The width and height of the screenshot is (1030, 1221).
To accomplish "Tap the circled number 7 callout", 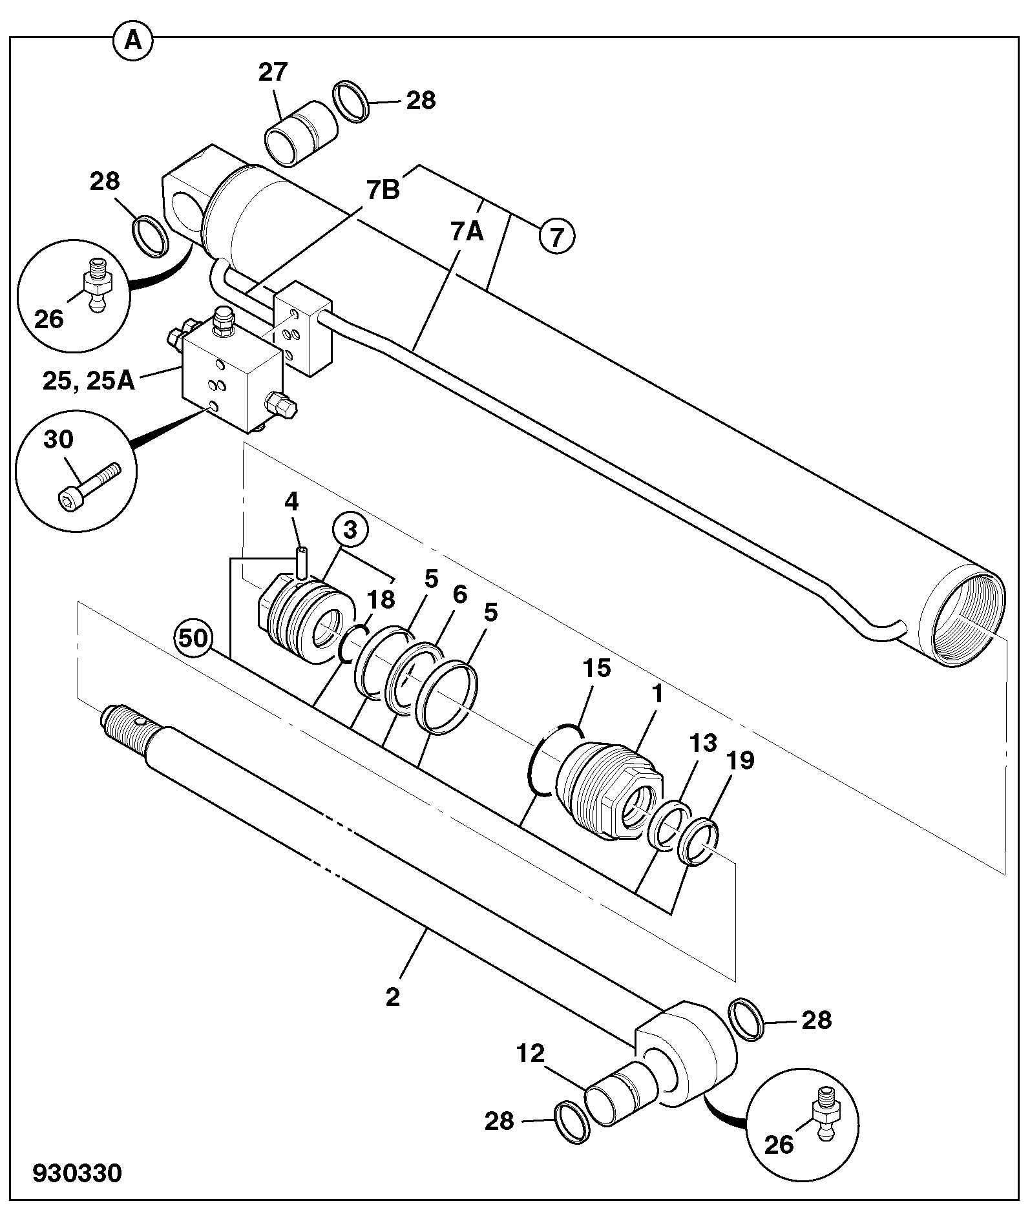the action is tap(556, 236).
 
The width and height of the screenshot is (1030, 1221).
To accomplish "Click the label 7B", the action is tap(383, 191).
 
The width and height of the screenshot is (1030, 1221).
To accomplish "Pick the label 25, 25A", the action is tap(89, 381).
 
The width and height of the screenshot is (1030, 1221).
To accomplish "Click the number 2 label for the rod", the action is tap(392, 997).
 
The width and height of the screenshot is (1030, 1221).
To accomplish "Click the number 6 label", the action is tap(459, 595).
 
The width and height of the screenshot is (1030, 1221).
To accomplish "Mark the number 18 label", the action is tap(381, 600).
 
